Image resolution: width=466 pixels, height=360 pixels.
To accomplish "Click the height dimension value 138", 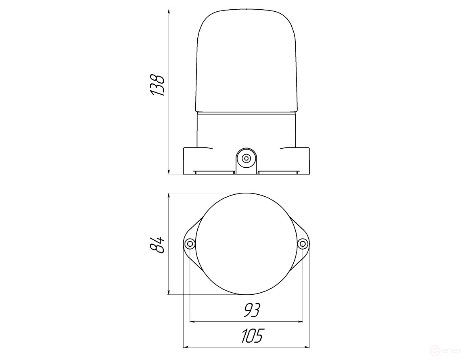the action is [x=157, y=85].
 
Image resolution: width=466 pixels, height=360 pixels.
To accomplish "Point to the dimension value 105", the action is [x=252, y=336].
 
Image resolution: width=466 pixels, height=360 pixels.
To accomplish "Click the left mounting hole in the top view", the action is [x=190, y=244].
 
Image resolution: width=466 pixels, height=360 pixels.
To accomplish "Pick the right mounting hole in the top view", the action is [x=303, y=244].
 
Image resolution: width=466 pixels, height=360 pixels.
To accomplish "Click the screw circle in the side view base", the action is [x=246, y=158].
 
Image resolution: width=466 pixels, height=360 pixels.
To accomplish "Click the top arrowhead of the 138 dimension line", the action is [x=169, y=12].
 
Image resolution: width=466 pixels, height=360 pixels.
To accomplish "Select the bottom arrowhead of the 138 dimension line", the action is [x=169, y=171].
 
